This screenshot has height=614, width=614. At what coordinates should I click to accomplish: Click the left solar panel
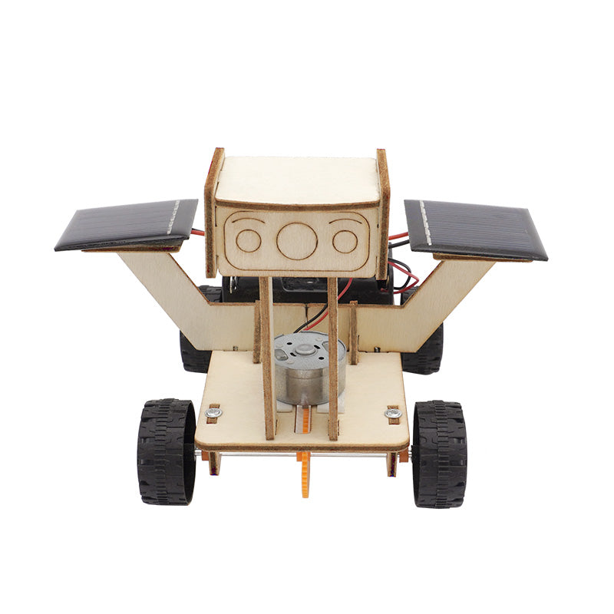(x=127, y=223)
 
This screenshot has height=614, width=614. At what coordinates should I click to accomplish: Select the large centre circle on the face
(x=297, y=240)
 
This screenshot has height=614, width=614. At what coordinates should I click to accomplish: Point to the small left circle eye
(x=248, y=240)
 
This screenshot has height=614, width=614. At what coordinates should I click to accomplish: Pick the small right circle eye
(x=345, y=241)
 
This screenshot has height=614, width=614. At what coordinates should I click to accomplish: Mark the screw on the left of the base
(x=214, y=413)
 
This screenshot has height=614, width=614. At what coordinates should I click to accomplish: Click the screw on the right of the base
(x=393, y=414)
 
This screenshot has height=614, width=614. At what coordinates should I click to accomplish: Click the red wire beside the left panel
(x=198, y=233)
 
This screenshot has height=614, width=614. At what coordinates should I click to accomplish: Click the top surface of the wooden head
(x=297, y=179)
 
